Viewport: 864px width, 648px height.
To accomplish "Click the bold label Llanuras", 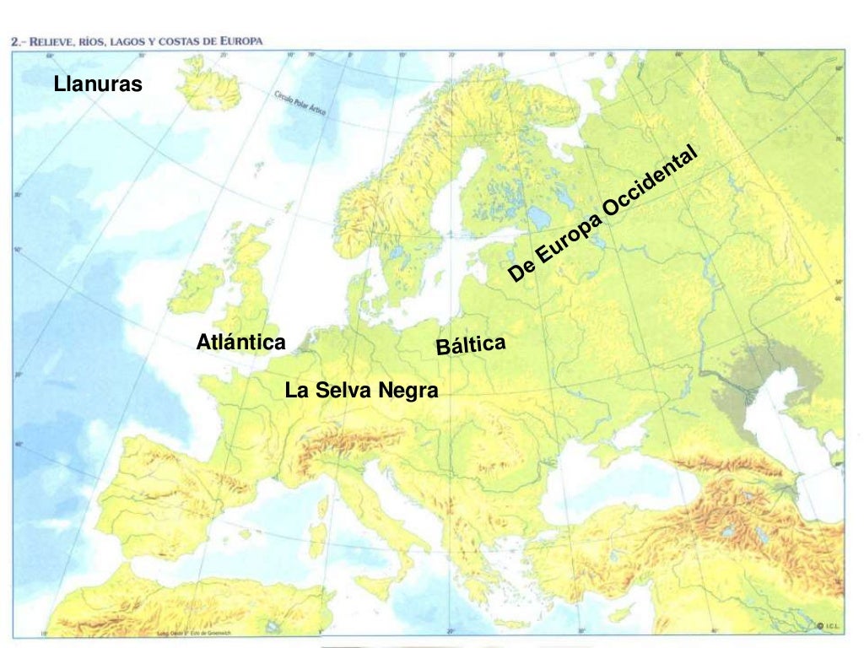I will pos(98,84).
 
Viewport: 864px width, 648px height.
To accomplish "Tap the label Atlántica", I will pos(240,343).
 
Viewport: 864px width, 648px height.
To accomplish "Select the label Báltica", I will pos(471,344).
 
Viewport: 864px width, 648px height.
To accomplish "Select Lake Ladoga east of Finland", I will pos(540,218).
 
